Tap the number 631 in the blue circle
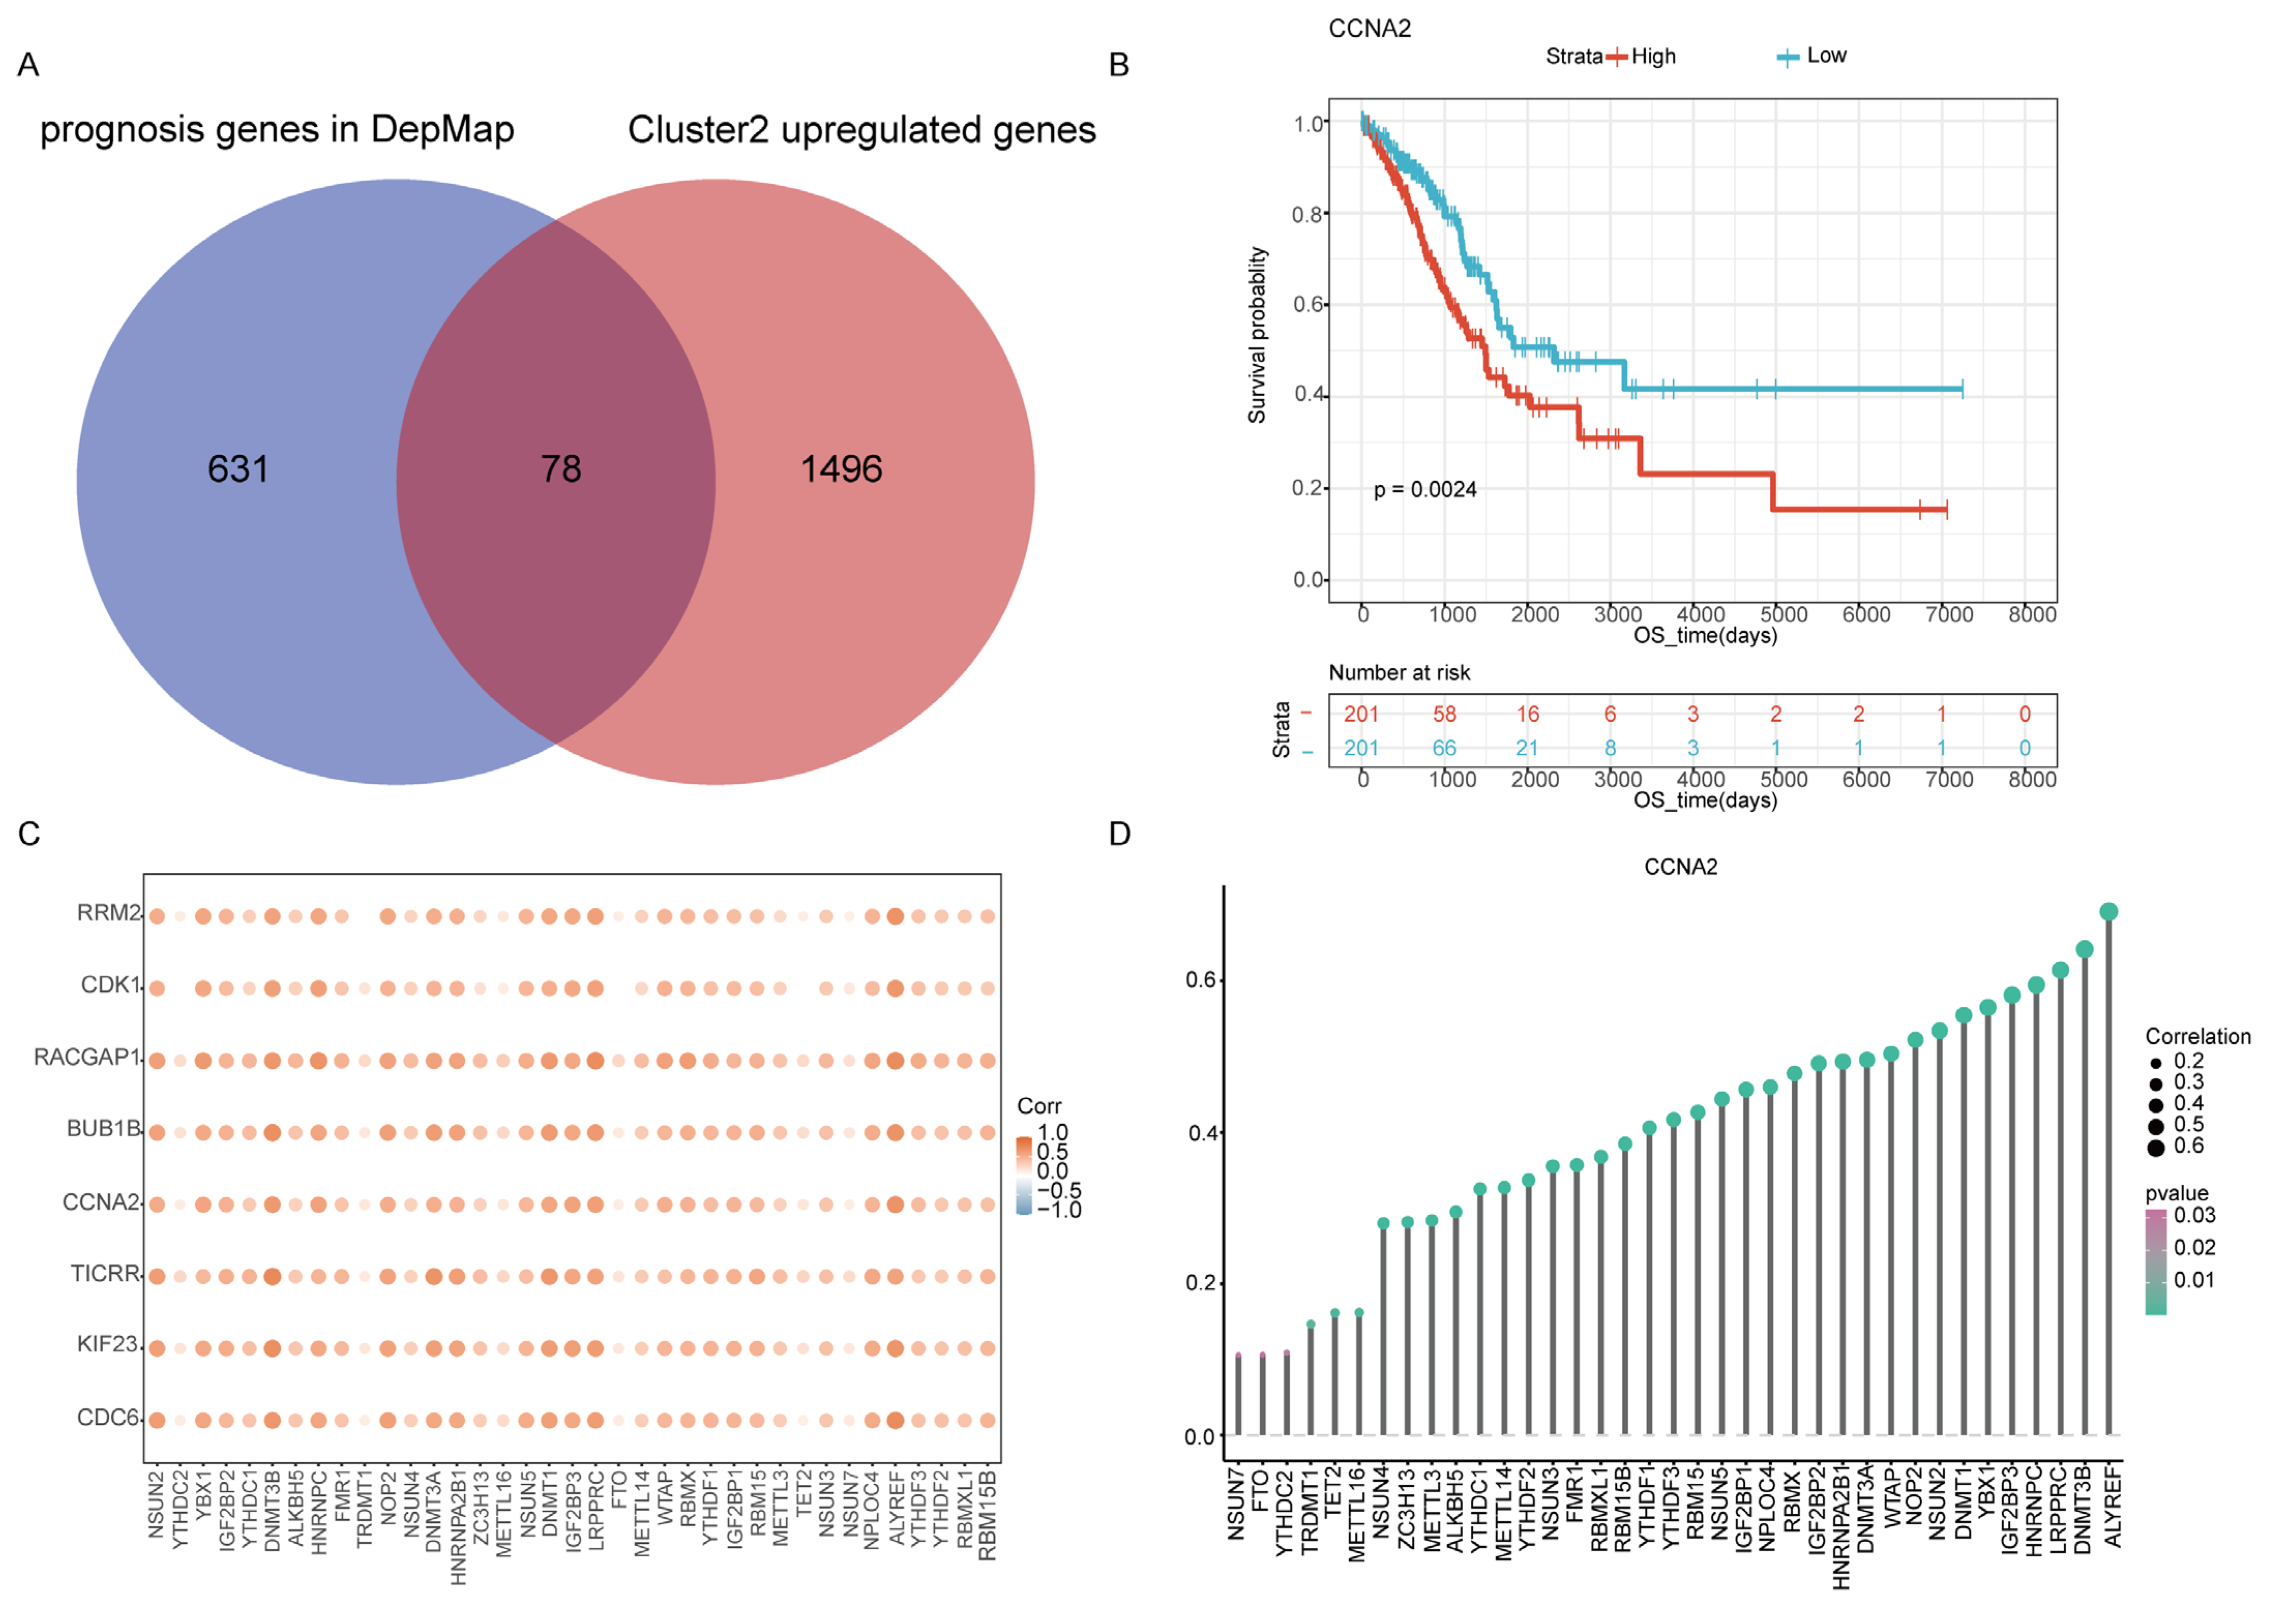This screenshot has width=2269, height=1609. (x=238, y=469)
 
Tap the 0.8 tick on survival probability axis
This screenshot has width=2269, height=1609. (x=1306, y=214)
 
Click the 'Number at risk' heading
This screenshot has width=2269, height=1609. (x=1398, y=673)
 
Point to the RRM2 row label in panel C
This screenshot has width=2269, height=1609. (x=109, y=913)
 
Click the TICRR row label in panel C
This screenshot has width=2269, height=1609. (x=105, y=1273)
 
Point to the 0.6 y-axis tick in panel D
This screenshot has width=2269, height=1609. (x=1201, y=980)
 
